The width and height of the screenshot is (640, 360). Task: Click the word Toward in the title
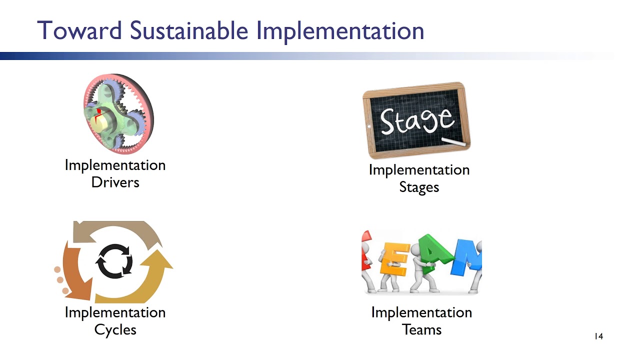pyautogui.click(x=80, y=30)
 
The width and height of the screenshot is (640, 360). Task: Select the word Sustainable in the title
pyautogui.click(x=189, y=30)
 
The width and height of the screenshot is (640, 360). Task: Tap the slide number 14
pyautogui.click(x=598, y=336)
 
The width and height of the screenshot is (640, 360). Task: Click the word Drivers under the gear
pyautogui.click(x=115, y=182)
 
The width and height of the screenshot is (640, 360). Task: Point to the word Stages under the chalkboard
pyautogui.click(x=419, y=187)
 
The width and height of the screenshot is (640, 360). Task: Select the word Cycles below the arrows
pyautogui.click(x=115, y=329)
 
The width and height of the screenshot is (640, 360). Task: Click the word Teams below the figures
pyautogui.click(x=421, y=329)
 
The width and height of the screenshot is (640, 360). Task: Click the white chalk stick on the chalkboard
pyautogui.click(x=453, y=143)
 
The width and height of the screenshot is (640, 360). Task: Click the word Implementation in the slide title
pyautogui.click(x=340, y=30)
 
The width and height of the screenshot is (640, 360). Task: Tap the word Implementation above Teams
pyautogui.click(x=421, y=312)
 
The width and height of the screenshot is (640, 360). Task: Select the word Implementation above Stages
pyautogui.click(x=419, y=170)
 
